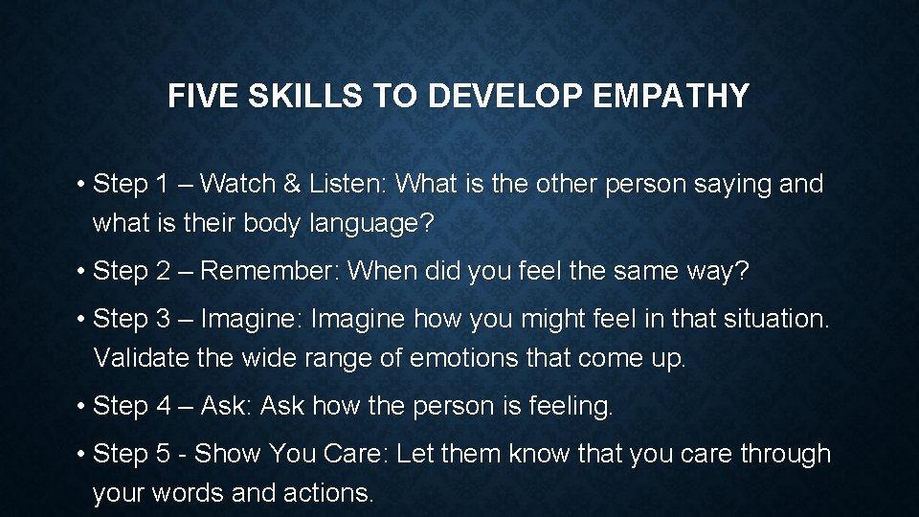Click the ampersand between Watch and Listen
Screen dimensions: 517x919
coord(305,184)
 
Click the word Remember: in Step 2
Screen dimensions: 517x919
coord(270,272)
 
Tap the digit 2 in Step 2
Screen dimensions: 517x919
coord(163,272)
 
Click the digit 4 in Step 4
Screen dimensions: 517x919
coord(163,407)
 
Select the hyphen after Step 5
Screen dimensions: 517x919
coord(184,454)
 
